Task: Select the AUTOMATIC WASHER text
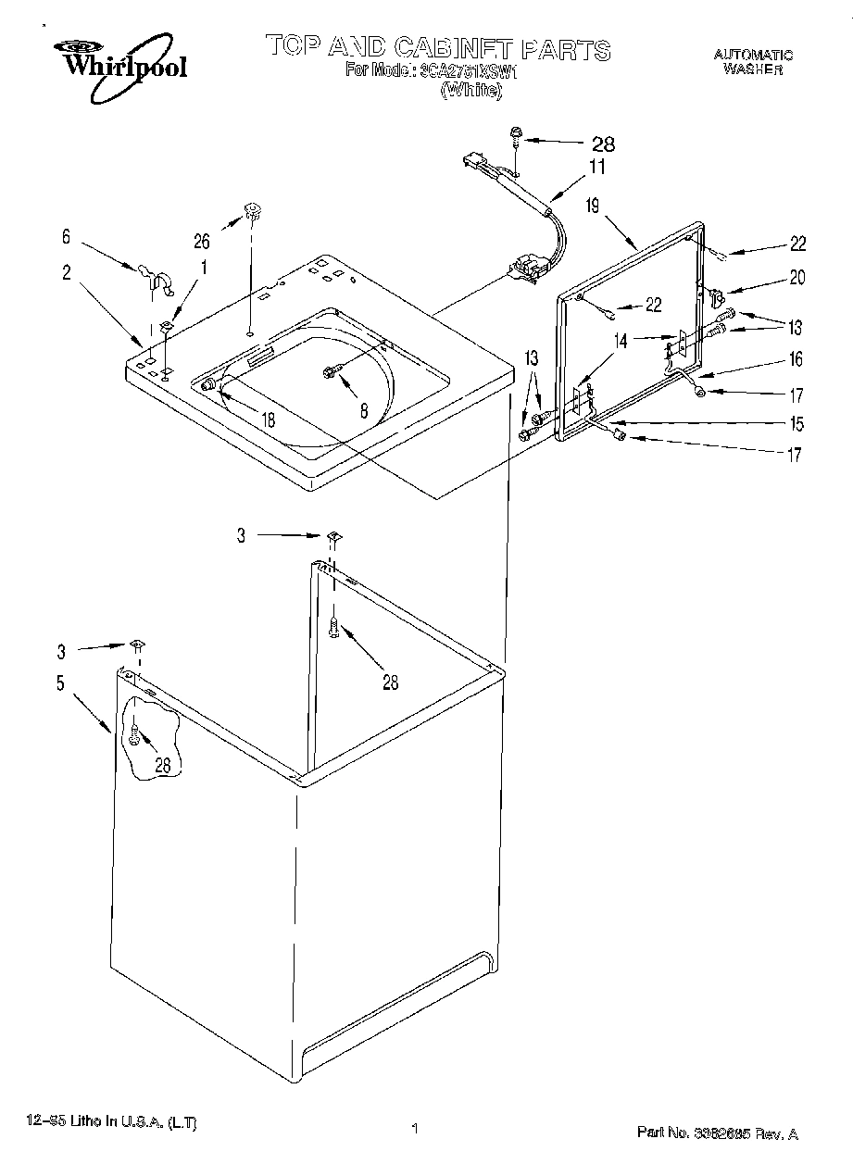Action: [x=752, y=62]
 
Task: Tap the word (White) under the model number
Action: [x=470, y=90]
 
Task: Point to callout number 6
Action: [x=66, y=237]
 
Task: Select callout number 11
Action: [x=596, y=168]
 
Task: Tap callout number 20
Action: [x=797, y=277]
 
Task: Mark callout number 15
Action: [x=797, y=424]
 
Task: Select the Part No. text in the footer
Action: [x=717, y=1133]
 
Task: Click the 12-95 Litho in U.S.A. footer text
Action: [x=109, y=1123]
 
